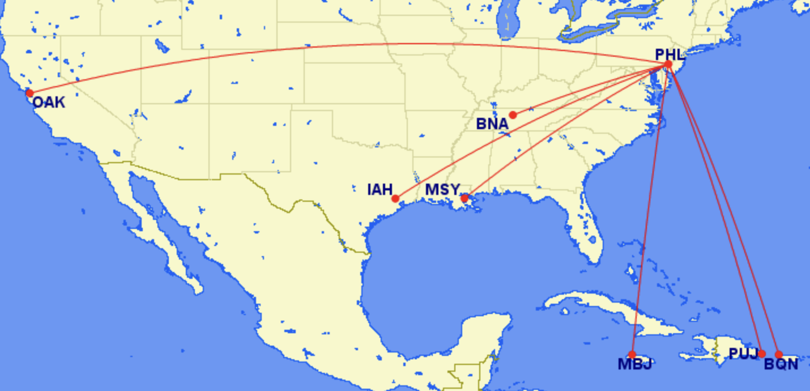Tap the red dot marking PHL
668,65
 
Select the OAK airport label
48,103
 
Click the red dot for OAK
29,93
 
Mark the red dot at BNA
513,114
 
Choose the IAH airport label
380,189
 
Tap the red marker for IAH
395,199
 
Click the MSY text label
442,189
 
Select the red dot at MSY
464,198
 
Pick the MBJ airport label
634,364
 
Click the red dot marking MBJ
632,355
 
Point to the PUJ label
743,354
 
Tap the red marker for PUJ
762,354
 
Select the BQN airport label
781,364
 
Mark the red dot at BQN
779,355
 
